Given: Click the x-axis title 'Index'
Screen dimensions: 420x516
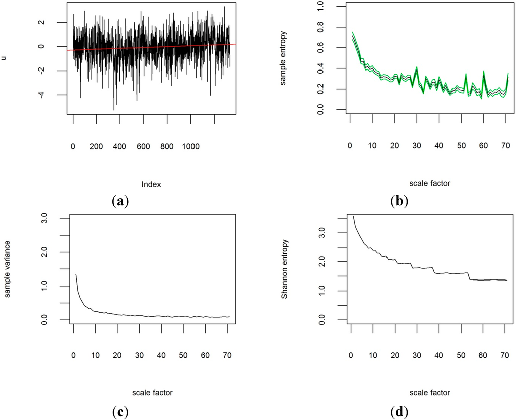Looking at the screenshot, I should [x=152, y=184].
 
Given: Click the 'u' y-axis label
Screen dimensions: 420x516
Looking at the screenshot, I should [x=4, y=57].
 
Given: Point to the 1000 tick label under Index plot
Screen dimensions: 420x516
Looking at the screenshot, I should [x=190, y=146].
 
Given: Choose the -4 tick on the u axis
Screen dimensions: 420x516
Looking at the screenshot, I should [x=55, y=95].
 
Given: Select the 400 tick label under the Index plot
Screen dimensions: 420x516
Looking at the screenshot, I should [x=120, y=146].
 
